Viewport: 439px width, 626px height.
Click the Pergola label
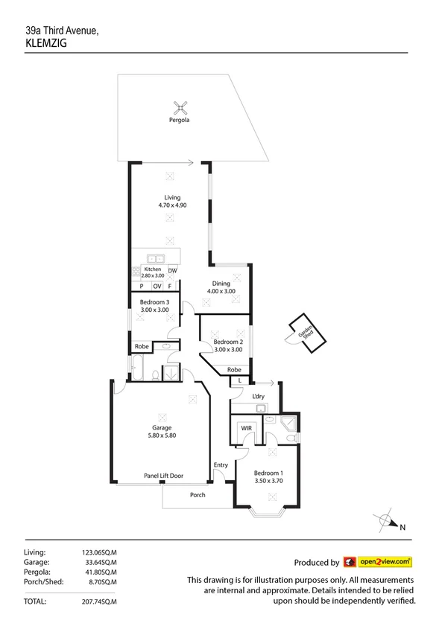click(178, 120)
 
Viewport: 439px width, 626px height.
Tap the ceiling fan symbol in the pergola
click(178, 106)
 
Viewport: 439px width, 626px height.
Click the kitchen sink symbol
click(157, 259)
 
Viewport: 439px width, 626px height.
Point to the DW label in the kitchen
click(172, 270)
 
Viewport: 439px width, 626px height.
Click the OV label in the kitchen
click(157, 286)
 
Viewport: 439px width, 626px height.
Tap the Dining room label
click(221, 283)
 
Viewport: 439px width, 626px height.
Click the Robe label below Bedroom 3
click(141, 346)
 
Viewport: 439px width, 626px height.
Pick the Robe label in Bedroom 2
click(234, 369)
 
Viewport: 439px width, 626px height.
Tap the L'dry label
click(259, 395)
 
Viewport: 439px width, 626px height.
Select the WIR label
click(245, 428)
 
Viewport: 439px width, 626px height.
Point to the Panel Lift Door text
click(163, 476)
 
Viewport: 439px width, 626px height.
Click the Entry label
click(221, 465)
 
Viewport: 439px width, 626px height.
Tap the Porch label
click(198, 495)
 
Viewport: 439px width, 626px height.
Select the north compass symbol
click(385, 522)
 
